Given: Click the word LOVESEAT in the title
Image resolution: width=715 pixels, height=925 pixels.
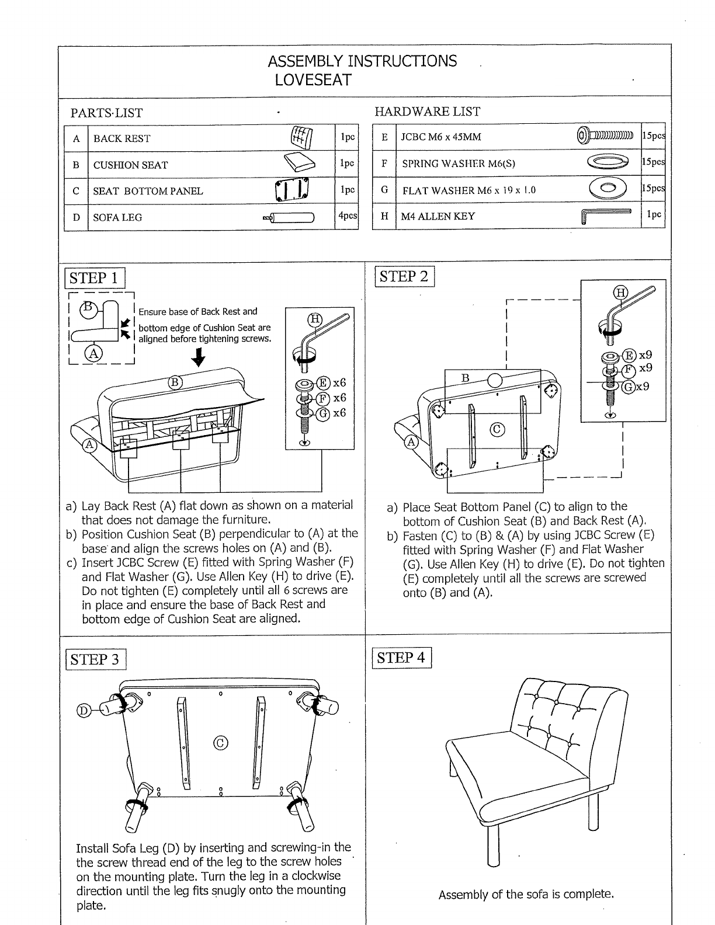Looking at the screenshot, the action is [313, 80].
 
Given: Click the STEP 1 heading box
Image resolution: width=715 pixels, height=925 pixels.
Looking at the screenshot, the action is [95, 278].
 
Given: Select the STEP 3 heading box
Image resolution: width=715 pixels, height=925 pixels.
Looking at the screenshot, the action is [96, 659].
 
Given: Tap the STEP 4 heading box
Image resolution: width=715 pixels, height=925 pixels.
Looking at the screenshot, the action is [401, 658].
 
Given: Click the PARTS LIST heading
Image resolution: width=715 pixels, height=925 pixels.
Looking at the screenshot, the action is [106, 113].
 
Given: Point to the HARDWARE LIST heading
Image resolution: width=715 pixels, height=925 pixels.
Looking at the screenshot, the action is [427, 112].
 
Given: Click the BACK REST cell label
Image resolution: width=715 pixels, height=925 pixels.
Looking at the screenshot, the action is [122, 139].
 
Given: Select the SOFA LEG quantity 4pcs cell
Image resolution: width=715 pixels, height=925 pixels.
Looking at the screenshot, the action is [348, 216].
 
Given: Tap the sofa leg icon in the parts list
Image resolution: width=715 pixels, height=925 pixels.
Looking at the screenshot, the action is [289, 218].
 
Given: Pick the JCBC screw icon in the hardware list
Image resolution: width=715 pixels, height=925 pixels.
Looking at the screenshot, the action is [605, 136].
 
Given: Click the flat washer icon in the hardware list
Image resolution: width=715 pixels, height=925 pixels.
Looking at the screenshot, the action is [608, 187].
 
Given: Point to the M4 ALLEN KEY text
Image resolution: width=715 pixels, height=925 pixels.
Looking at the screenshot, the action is [438, 216].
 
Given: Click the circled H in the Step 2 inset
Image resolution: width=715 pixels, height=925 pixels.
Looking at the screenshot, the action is [620, 293].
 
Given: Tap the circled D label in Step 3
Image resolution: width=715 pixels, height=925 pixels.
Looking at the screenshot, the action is [84, 711].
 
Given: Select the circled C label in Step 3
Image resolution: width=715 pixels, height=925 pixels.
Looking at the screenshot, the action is [221, 743].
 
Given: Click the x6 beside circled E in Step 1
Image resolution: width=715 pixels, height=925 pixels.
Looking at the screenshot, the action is [339, 382].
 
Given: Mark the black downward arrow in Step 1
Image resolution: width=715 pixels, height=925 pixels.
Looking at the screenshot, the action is [198, 357].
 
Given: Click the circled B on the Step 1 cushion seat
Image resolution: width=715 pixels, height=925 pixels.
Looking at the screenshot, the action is [175, 382].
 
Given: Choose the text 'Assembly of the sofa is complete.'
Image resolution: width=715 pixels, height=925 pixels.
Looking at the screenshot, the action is [526, 895].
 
